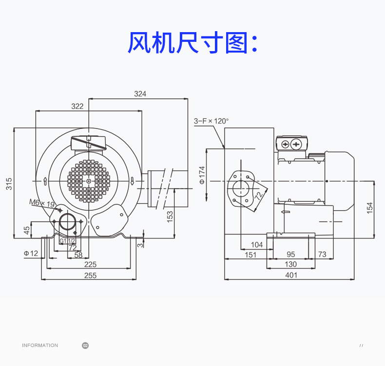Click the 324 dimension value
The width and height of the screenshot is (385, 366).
pos(140,93)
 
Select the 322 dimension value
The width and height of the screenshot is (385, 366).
pos(77,106)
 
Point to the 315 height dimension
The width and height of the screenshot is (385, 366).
pos(9,183)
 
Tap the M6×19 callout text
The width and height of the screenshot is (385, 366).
pos(42,203)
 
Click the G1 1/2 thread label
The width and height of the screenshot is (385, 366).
pos(67,241)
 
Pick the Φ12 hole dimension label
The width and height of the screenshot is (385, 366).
pos(31,253)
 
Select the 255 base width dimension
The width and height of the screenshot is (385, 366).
pos(90,275)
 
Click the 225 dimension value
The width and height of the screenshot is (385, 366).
pos(90,264)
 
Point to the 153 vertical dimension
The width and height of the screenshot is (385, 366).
pos(170,217)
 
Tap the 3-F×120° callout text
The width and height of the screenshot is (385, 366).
pos(211,121)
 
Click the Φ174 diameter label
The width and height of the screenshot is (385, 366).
pos(202,175)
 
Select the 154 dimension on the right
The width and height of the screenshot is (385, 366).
pos(369,208)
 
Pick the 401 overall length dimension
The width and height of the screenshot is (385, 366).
pos(291,275)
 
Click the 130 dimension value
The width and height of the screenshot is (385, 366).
pos(291,264)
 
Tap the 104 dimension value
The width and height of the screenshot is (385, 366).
pos(257,244)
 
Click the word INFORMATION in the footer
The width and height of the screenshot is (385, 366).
pos(40,345)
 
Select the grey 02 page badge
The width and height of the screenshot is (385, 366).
pos(85,346)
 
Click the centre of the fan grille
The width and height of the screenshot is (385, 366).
pos(89,181)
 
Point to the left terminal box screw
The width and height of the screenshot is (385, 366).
pos(285,144)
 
